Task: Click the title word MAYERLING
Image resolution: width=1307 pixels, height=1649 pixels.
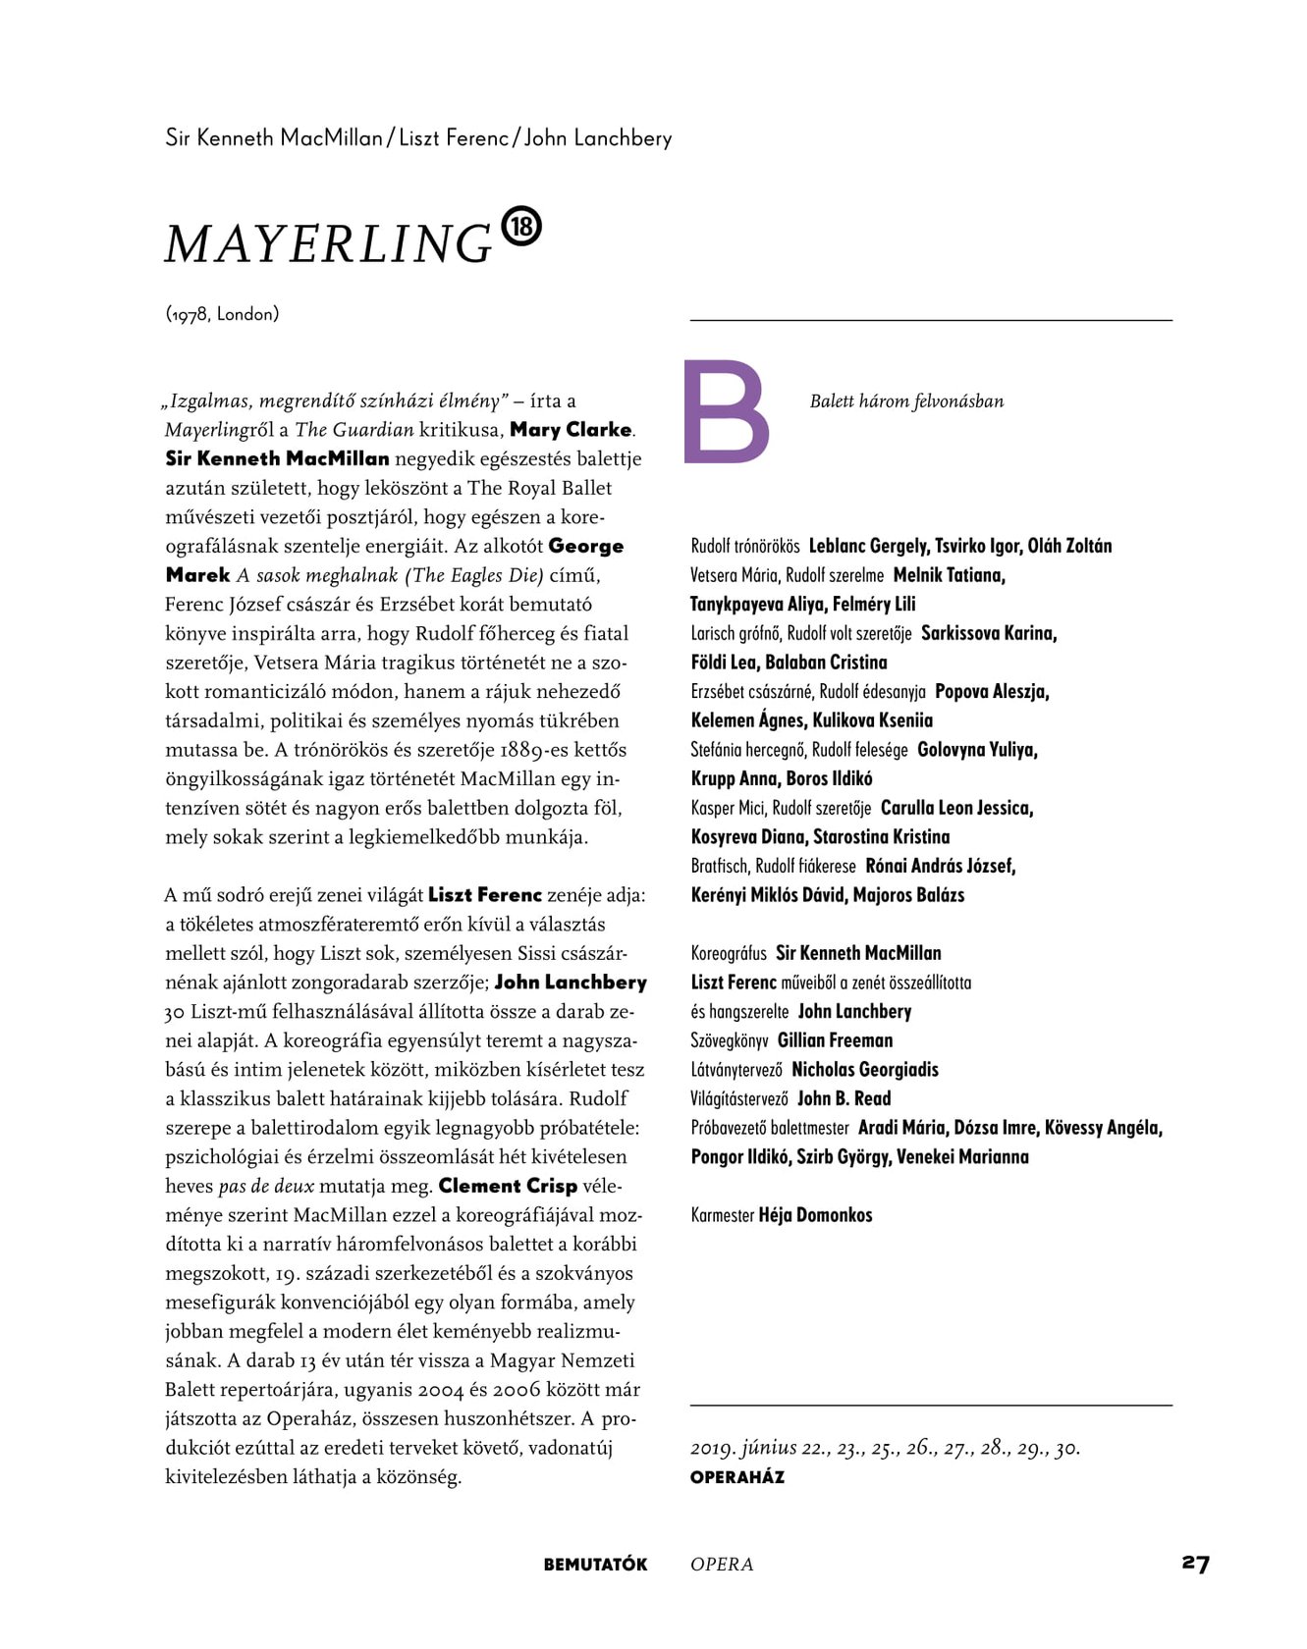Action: pyautogui.click(x=328, y=243)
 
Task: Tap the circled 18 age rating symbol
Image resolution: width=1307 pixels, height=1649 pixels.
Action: pyautogui.click(x=521, y=227)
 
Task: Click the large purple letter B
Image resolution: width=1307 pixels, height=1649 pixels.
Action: pyautogui.click(x=726, y=411)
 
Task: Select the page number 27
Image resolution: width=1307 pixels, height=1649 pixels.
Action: pyautogui.click(x=1195, y=1564)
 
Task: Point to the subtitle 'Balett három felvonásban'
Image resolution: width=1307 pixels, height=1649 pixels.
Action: pyautogui.click(x=906, y=401)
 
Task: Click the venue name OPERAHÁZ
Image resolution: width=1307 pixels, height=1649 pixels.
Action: pyautogui.click(x=737, y=1477)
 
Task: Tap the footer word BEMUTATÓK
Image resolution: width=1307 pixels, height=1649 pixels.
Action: pyautogui.click(x=595, y=1565)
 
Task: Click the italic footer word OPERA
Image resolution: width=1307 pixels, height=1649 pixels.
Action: pyautogui.click(x=722, y=1565)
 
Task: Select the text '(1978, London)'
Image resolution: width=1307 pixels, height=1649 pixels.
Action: pyautogui.click(x=222, y=314)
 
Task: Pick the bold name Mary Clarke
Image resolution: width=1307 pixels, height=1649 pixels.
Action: pyautogui.click(x=571, y=429)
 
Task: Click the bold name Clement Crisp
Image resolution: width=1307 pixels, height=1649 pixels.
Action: pyautogui.click(x=508, y=1186)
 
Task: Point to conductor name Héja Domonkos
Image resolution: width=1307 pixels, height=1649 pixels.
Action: pyautogui.click(x=815, y=1215)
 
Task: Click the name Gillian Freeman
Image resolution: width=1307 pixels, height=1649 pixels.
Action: pyautogui.click(x=835, y=1040)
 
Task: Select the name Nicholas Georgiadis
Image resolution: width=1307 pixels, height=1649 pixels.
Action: pyautogui.click(x=864, y=1070)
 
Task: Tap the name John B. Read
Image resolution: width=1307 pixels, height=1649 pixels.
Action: pyautogui.click(x=844, y=1098)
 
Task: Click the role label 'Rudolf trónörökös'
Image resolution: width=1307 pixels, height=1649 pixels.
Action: pyautogui.click(x=745, y=547)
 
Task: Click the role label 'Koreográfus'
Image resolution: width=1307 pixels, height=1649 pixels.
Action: pyautogui.click(x=729, y=953)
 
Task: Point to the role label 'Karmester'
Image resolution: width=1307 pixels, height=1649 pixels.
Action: pyautogui.click(x=722, y=1215)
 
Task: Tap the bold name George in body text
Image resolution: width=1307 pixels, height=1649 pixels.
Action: pyautogui.click(x=586, y=546)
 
